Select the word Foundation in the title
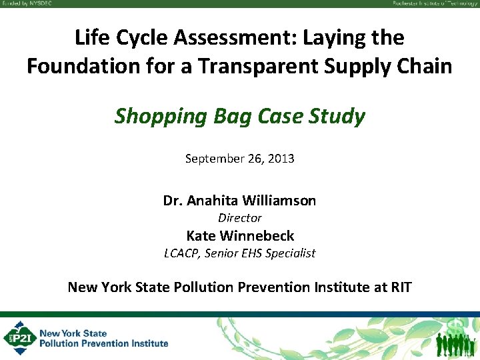(78, 67)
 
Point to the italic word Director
(240, 218)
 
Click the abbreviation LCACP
(182, 253)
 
